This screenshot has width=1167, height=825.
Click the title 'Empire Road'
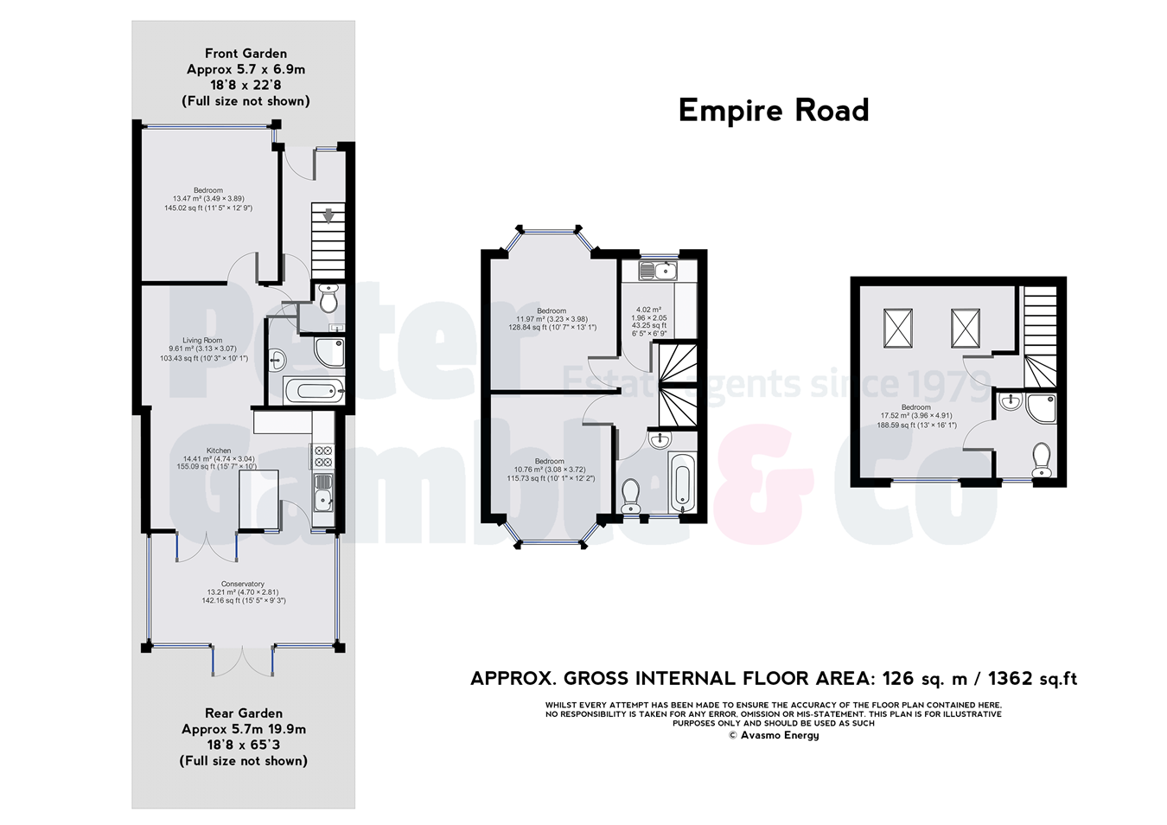[x=773, y=111]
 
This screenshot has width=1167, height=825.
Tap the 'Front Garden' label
[x=246, y=54]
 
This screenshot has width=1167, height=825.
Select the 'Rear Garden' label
[x=243, y=713]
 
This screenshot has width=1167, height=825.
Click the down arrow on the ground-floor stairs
[x=328, y=215]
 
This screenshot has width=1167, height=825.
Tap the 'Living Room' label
[x=202, y=341]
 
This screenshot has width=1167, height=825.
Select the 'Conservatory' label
[x=243, y=585]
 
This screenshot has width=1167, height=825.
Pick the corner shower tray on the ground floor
[x=329, y=351]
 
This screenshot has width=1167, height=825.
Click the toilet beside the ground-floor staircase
[x=328, y=298]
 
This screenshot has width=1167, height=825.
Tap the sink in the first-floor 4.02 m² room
[x=657, y=271]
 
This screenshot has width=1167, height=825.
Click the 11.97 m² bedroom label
[x=552, y=311]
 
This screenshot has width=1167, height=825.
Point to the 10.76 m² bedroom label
[x=549, y=462]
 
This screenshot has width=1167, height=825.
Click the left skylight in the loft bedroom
[x=898, y=328]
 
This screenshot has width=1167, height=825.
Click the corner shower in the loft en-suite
[x=1041, y=407]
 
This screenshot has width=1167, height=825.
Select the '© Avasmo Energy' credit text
[x=773, y=735]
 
